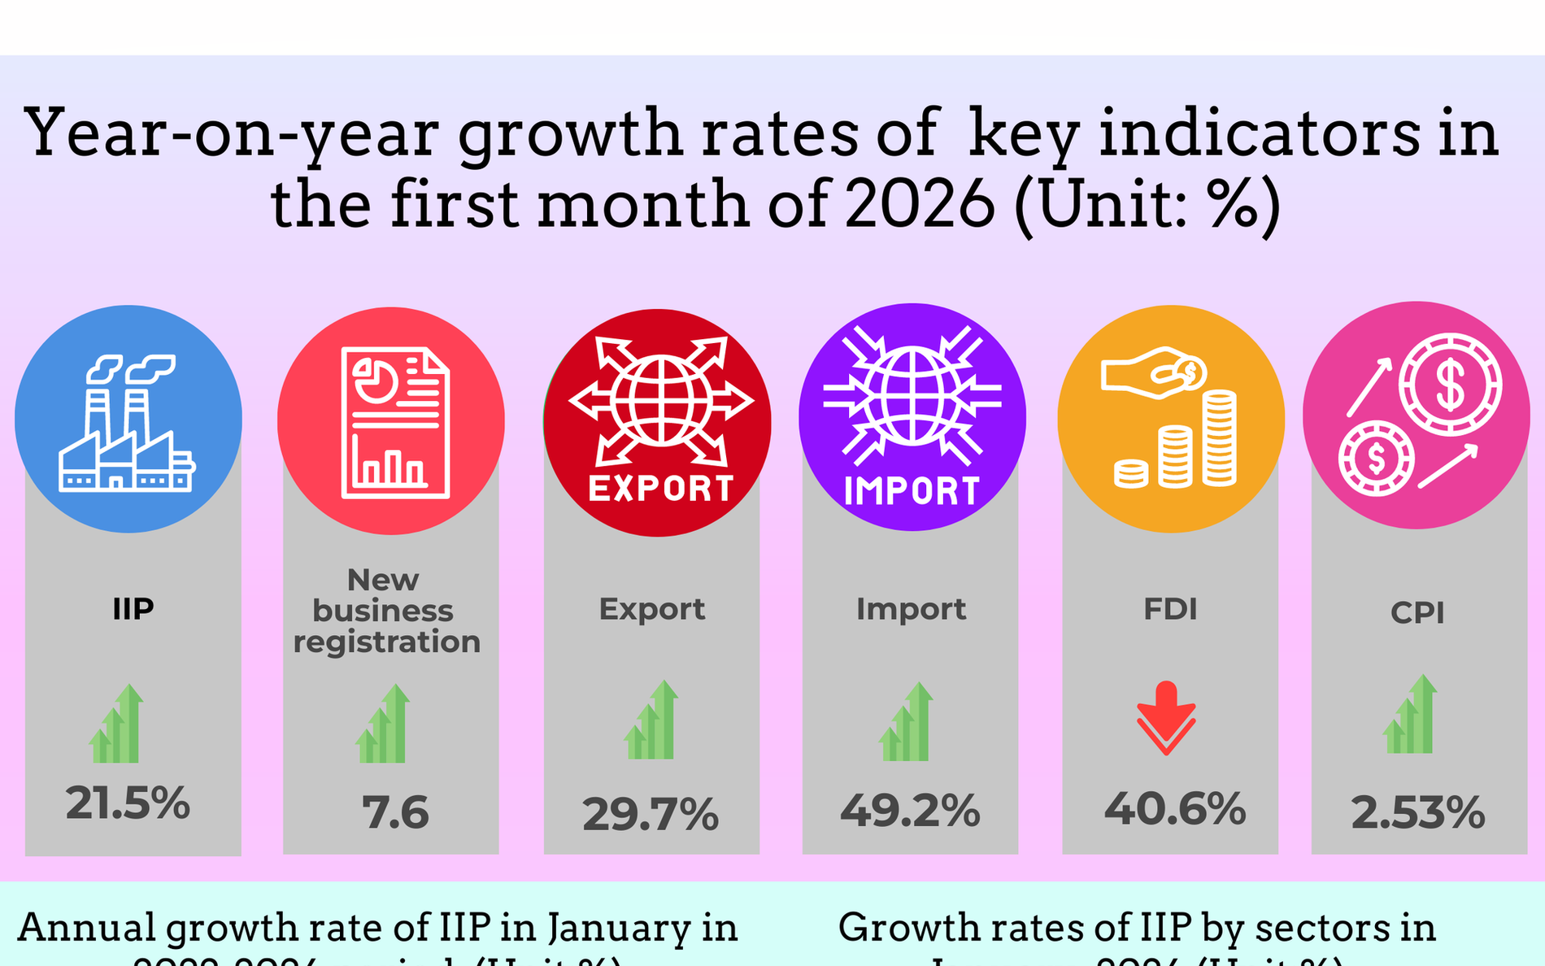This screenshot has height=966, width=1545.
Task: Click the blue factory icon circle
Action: point(128,420)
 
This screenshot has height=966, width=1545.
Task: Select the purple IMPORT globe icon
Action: point(912,417)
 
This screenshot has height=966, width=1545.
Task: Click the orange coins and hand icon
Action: point(1171,420)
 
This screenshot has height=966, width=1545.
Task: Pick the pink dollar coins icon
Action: point(1416,416)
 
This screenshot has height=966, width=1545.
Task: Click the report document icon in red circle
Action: point(391,421)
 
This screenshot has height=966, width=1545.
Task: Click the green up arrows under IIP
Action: point(116,724)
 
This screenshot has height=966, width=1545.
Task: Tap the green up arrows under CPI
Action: point(1410,715)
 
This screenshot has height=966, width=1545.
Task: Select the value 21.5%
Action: point(128,803)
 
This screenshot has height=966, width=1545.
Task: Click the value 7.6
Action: point(395,812)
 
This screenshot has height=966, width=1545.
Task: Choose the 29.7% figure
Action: point(651,814)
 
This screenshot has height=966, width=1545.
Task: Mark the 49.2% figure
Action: point(910,810)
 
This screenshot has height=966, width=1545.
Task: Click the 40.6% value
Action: point(1174,808)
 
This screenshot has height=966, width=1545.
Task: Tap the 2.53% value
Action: point(1417,812)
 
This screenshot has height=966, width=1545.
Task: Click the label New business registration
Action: point(386,611)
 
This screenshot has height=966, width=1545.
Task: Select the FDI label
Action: point(1170,609)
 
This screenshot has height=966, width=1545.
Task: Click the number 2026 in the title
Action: point(920,203)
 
